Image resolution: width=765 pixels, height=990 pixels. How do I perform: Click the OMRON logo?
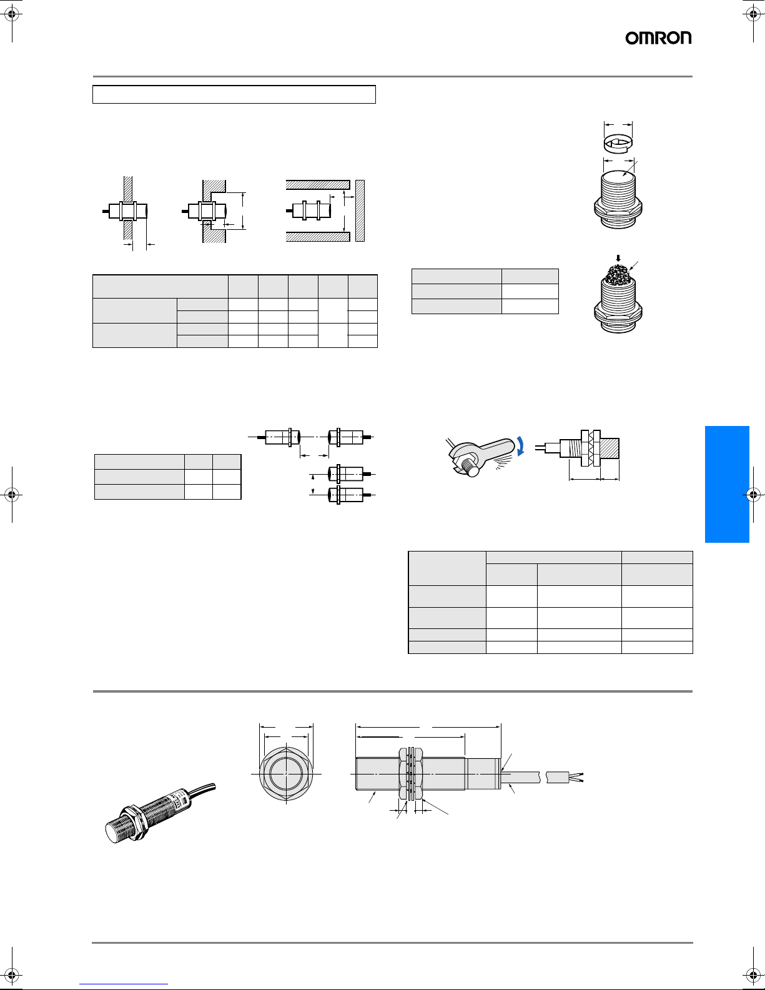658,38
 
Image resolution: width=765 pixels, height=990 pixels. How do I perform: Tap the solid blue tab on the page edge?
727,484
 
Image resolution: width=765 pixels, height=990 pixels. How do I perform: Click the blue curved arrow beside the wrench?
520,445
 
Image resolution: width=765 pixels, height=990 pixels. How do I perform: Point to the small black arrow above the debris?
618,258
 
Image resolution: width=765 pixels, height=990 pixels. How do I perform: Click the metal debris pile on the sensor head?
618,272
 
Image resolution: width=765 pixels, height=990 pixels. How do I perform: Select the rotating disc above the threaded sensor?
618,144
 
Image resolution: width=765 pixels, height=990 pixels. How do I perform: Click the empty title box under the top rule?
234,94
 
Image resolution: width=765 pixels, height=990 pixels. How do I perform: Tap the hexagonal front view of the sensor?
286,774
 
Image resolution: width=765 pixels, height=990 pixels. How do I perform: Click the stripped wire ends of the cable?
576,777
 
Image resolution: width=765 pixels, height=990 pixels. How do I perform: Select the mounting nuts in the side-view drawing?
411,774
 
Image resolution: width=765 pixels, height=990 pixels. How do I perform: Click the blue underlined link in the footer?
124,984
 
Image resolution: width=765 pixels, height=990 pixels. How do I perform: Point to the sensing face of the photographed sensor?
111,833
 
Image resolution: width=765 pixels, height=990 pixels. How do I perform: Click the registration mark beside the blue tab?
753,494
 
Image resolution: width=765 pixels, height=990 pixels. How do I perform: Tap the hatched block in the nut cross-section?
610,448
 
